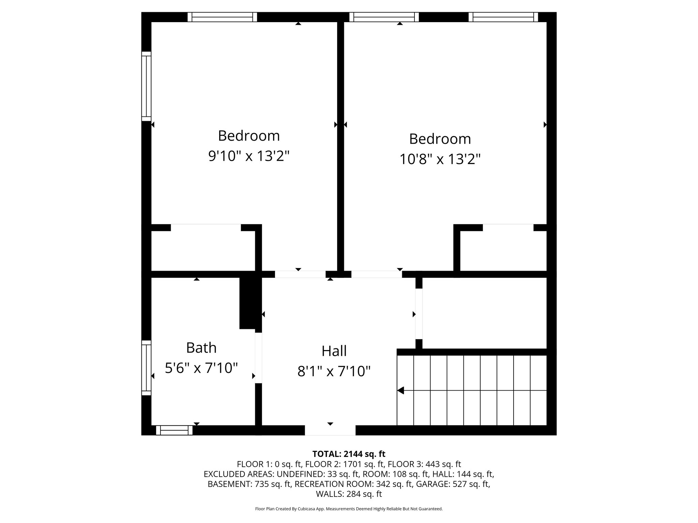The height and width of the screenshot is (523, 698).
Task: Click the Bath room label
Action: tap(201, 348)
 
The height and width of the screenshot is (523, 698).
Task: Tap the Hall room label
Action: tap(334, 351)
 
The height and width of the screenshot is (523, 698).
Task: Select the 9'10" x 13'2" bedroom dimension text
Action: tap(249, 156)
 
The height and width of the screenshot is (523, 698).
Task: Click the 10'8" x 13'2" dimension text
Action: tap(440, 159)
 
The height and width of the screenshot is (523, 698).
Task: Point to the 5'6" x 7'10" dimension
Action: tap(201, 368)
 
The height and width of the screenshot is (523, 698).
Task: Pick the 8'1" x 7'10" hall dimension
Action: tap(334, 371)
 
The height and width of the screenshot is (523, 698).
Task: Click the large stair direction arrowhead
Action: tap(401, 391)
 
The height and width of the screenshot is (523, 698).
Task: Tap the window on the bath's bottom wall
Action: tap(174, 430)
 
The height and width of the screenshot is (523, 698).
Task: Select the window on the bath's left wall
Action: tap(146, 368)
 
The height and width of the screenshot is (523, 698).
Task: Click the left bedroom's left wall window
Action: tap(146, 86)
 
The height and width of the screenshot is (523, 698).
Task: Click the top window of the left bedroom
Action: tap(222, 17)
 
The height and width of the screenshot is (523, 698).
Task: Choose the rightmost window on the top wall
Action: tap(503, 17)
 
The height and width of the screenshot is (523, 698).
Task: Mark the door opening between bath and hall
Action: tap(259, 358)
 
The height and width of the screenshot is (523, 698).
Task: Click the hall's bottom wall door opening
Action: tap(330, 430)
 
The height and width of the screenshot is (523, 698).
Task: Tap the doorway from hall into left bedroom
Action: tap(300, 274)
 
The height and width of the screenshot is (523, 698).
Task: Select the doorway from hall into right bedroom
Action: tap(377, 274)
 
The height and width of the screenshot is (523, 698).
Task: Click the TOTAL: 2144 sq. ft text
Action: tap(349, 454)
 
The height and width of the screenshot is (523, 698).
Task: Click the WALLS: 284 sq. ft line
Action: tap(349, 494)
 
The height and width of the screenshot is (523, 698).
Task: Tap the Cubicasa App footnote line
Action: tap(349, 509)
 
